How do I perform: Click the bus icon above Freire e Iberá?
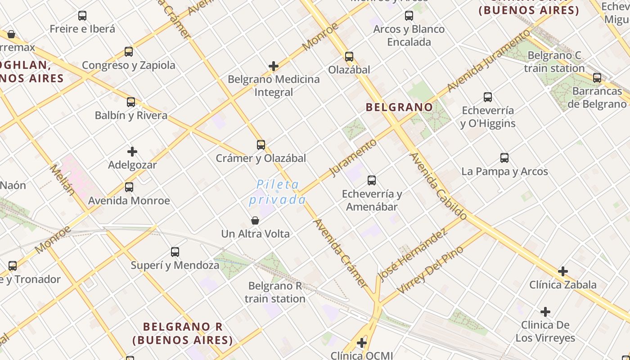click(x=82, y=16)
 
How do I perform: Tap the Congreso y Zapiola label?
click(x=129, y=65)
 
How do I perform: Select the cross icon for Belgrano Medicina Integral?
click(x=274, y=67)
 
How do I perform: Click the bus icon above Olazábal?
click(x=349, y=57)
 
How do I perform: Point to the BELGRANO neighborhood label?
click(x=399, y=107)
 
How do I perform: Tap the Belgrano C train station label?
click(x=554, y=62)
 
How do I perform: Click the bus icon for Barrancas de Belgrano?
click(x=597, y=78)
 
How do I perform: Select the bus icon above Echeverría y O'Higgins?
click(x=488, y=97)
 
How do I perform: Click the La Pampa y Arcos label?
click(x=504, y=171)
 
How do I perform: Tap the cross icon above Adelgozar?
click(x=132, y=152)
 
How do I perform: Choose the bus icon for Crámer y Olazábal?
click(x=261, y=145)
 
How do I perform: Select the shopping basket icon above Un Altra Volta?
click(x=255, y=220)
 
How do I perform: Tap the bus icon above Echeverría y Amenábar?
click(x=372, y=180)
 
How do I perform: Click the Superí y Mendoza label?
click(x=175, y=265)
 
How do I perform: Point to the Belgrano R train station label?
click(x=275, y=292)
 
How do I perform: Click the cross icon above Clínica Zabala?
click(x=562, y=271)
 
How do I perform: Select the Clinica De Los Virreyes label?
click(x=545, y=331)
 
